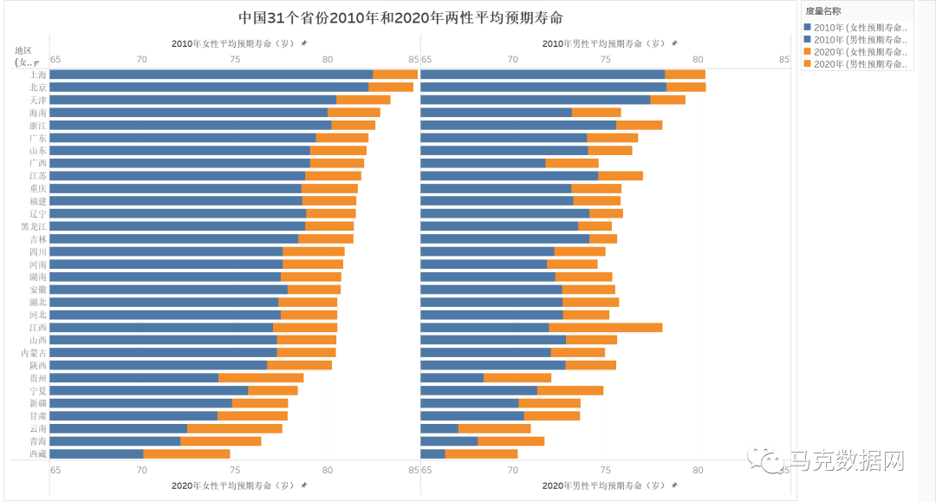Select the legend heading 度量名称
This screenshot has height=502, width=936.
point(823,11)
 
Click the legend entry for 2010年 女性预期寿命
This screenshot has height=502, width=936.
point(858,27)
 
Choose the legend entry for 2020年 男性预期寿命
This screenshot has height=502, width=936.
point(858,63)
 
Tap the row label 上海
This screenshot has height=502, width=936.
point(38,75)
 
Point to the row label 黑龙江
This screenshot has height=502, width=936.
point(35,226)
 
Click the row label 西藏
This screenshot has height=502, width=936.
point(38,453)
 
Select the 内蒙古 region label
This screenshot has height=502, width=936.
point(35,353)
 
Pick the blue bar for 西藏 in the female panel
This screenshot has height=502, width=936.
point(96,453)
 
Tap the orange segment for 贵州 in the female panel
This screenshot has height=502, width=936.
point(261,378)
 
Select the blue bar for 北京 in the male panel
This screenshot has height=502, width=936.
point(543,87)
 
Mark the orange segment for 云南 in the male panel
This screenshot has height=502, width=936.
point(494,428)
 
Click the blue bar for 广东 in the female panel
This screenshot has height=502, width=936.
point(183,138)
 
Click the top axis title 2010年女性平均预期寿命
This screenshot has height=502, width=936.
point(233,43)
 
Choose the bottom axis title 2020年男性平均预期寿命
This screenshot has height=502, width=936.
point(604,486)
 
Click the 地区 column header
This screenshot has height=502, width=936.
point(23,50)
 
